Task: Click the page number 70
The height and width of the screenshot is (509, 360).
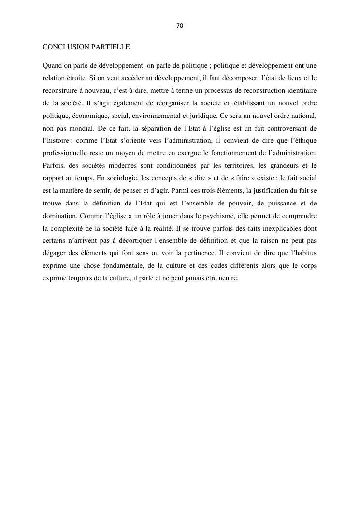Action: pyautogui.click(x=180, y=25)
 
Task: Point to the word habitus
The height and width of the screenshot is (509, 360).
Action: pyautogui.click(x=304, y=254)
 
